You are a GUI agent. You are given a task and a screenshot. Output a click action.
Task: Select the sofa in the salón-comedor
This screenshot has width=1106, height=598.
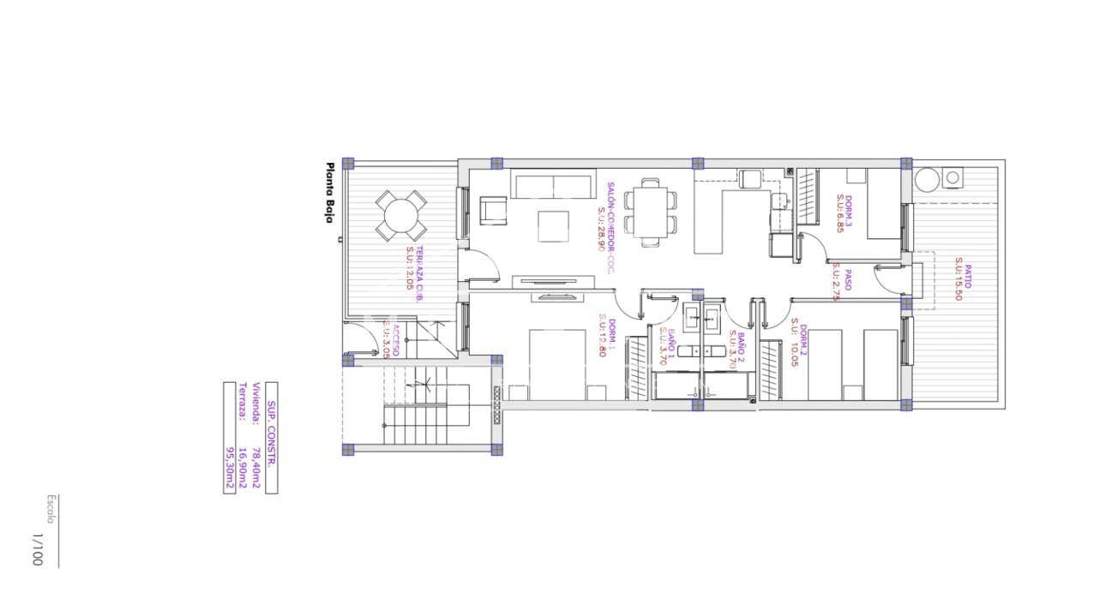coord(553,184)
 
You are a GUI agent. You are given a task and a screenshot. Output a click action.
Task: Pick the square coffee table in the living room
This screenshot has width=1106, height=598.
coord(554,226)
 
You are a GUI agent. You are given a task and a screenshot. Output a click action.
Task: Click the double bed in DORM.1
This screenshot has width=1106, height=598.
coord(557,363)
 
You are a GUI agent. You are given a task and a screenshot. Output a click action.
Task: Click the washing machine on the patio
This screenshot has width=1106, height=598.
coord(953,178)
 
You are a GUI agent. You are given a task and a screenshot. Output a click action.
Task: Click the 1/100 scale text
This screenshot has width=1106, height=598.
coord(36,549)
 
